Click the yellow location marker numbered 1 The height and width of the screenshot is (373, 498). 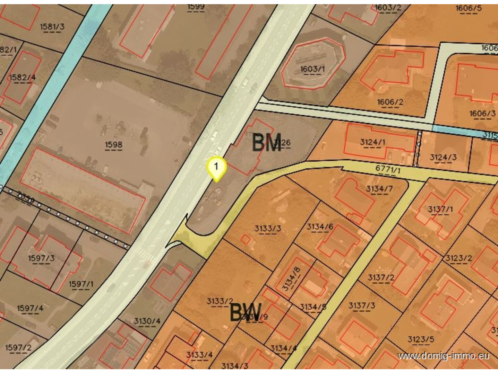point(216,167)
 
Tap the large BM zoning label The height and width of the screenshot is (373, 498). point(266,143)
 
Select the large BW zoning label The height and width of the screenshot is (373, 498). point(246,313)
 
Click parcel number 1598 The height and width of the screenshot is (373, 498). point(114,144)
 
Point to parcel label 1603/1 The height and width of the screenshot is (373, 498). point(312,69)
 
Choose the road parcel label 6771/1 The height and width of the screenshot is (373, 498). point(388,170)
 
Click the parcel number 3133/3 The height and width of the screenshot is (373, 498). point(267,229)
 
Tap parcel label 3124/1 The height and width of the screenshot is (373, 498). point(372,142)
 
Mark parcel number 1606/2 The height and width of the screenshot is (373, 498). point(390,102)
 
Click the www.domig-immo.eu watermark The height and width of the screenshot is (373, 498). point(444,356)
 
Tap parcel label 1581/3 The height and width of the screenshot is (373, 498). point(52,27)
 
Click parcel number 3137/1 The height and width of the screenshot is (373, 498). point(440,209)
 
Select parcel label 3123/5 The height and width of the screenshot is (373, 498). point(420,339)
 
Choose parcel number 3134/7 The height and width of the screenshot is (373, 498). point(379,189)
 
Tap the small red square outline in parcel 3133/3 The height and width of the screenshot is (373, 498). point(246,239)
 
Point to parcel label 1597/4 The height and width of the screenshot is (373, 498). point(30,308)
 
